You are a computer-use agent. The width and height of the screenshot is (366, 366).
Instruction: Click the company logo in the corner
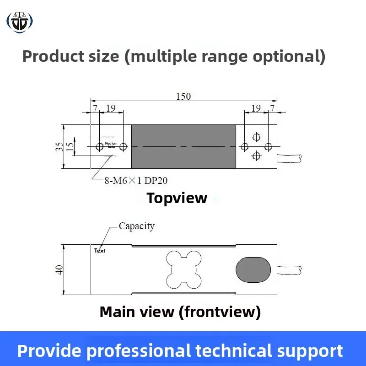[20, 22]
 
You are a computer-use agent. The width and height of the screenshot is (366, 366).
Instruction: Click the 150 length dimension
[183, 96]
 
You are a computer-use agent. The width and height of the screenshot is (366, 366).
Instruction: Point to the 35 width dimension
[59, 146]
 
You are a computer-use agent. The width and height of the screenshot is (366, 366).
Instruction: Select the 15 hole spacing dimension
[70, 146]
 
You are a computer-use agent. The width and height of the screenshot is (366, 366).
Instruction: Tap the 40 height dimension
[59, 270]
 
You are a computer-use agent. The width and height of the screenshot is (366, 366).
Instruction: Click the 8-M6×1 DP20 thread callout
[136, 181]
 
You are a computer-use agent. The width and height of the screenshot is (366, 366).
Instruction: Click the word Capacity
[136, 226]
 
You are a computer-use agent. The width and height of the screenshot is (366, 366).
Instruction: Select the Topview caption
[177, 198]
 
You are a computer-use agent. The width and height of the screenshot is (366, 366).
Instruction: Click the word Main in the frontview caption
[118, 312]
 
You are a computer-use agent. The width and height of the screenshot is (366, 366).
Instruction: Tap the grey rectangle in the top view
[184, 146]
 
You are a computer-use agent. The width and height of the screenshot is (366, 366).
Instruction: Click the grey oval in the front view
[253, 270]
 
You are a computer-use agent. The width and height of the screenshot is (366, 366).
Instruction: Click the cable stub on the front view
[290, 270]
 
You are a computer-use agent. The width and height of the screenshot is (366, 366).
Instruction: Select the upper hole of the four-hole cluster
[257, 137]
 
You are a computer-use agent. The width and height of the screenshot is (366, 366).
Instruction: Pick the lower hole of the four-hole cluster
[257, 155]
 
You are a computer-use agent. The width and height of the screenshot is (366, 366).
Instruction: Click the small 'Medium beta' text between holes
[111, 145]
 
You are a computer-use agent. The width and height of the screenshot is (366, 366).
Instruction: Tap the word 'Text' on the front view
[100, 251]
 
